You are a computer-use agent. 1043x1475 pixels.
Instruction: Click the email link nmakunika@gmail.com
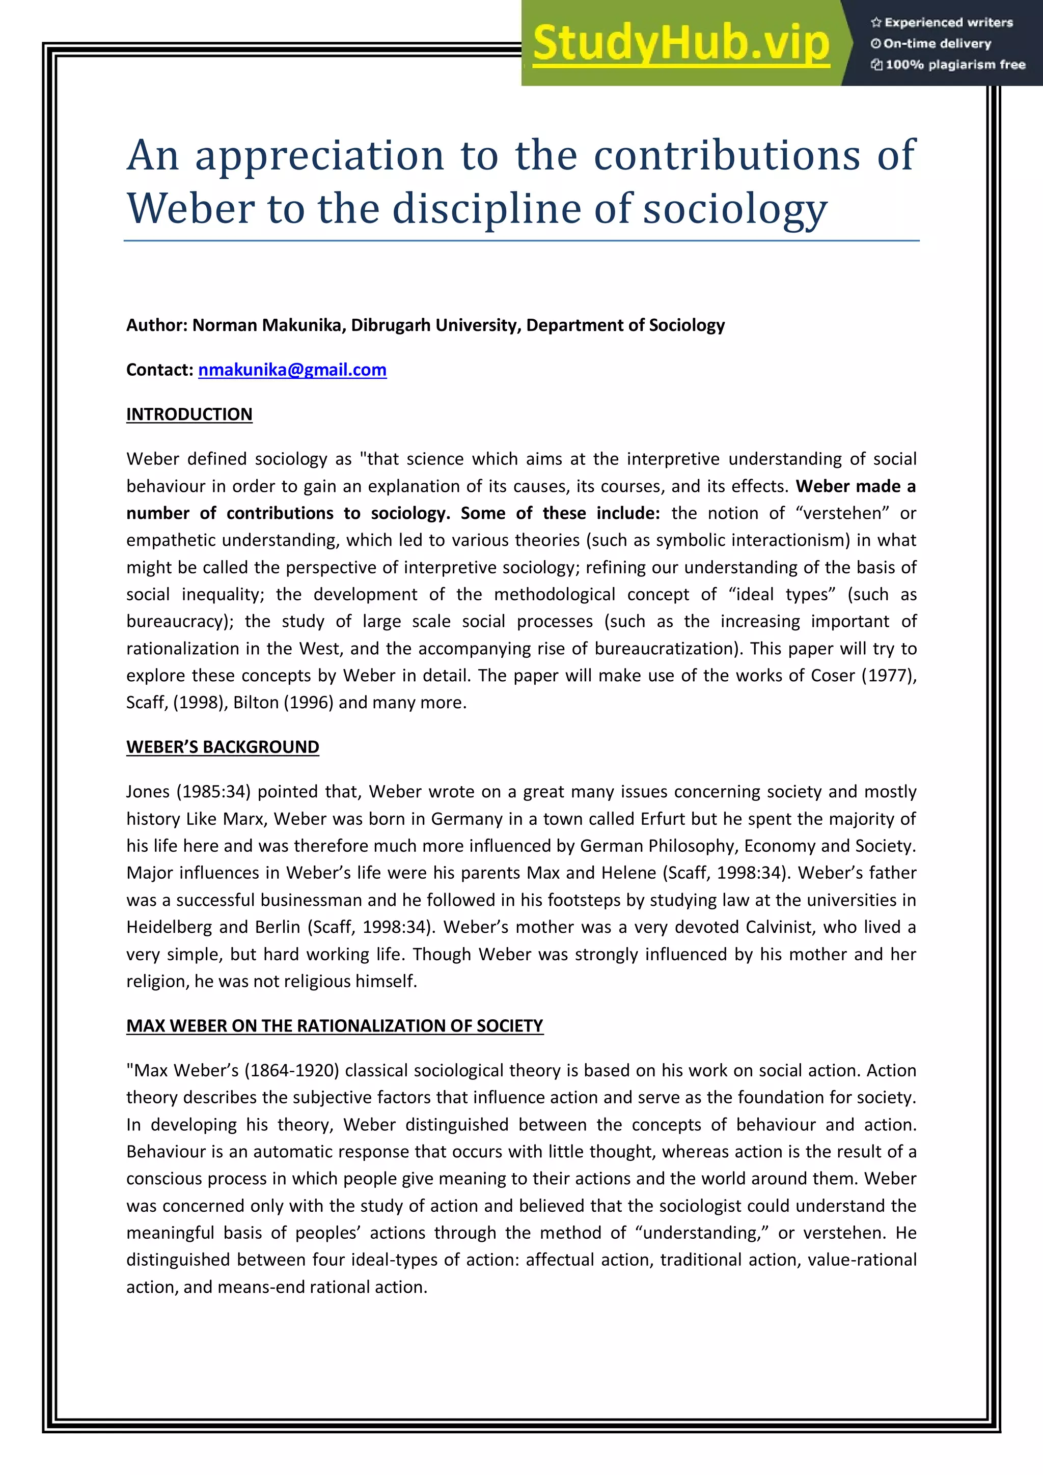292,370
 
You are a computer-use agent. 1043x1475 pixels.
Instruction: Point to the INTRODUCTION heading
189,414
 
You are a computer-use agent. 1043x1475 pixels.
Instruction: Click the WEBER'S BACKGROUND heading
223,747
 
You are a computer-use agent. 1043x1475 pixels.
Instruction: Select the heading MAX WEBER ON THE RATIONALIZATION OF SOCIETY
334,1026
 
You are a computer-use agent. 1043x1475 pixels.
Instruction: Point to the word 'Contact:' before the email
159,370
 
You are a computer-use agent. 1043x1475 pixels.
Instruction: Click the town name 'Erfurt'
663,819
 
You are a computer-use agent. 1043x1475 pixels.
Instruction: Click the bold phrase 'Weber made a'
856,486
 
